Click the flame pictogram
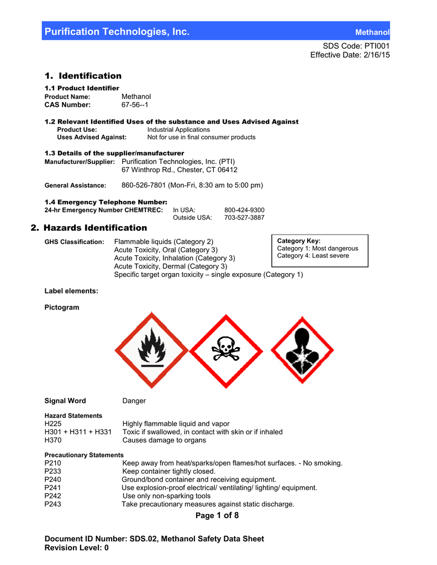[x=151, y=350]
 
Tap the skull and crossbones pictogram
[x=227, y=350]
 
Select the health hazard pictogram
[x=302, y=350]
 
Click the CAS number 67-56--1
[x=135, y=105]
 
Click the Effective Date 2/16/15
[x=350, y=55]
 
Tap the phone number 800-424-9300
[x=244, y=210]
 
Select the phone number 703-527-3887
[x=244, y=217]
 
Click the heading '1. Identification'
[x=83, y=76]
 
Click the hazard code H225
[x=53, y=424]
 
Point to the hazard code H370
[x=53, y=440]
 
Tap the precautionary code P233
[x=53, y=471]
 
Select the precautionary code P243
[x=53, y=504]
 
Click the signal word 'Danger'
[x=134, y=401]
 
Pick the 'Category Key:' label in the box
[x=298, y=241]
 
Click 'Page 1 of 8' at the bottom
[x=217, y=515]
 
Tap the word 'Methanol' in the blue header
[x=372, y=33]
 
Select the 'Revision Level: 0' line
[x=76, y=548]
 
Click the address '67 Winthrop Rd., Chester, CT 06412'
[x=180, y=170]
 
